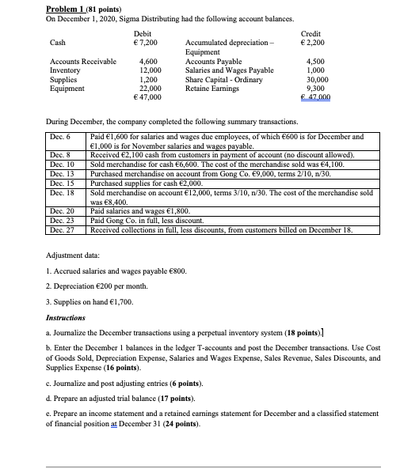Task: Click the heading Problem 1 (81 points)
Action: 51,6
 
